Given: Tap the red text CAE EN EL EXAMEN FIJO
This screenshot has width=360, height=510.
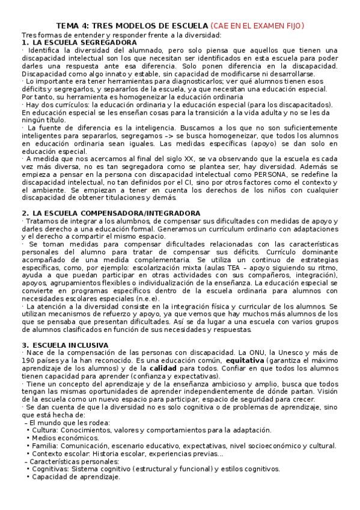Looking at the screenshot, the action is point(258,25).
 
